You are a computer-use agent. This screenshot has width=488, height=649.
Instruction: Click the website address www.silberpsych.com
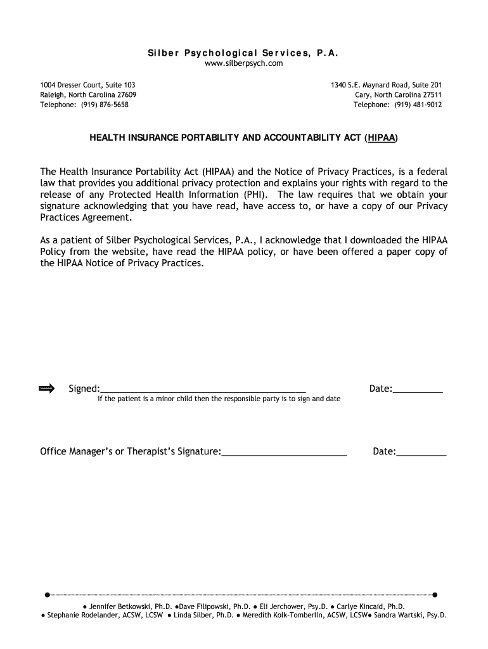click(x=243, y=63)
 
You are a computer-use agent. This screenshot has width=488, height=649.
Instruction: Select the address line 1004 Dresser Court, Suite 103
click(x=87, y=84)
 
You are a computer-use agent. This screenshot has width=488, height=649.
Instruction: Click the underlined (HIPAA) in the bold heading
click(x=382, y=136)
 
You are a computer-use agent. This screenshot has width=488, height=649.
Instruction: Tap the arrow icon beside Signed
click(x=48, y=388)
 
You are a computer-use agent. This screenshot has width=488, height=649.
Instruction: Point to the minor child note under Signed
click(x=219, y=399)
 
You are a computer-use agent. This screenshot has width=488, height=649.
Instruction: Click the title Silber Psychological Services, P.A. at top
click(x=243, y=53)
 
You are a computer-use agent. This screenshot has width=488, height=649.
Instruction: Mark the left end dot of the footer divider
click(x=48, y=594)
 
